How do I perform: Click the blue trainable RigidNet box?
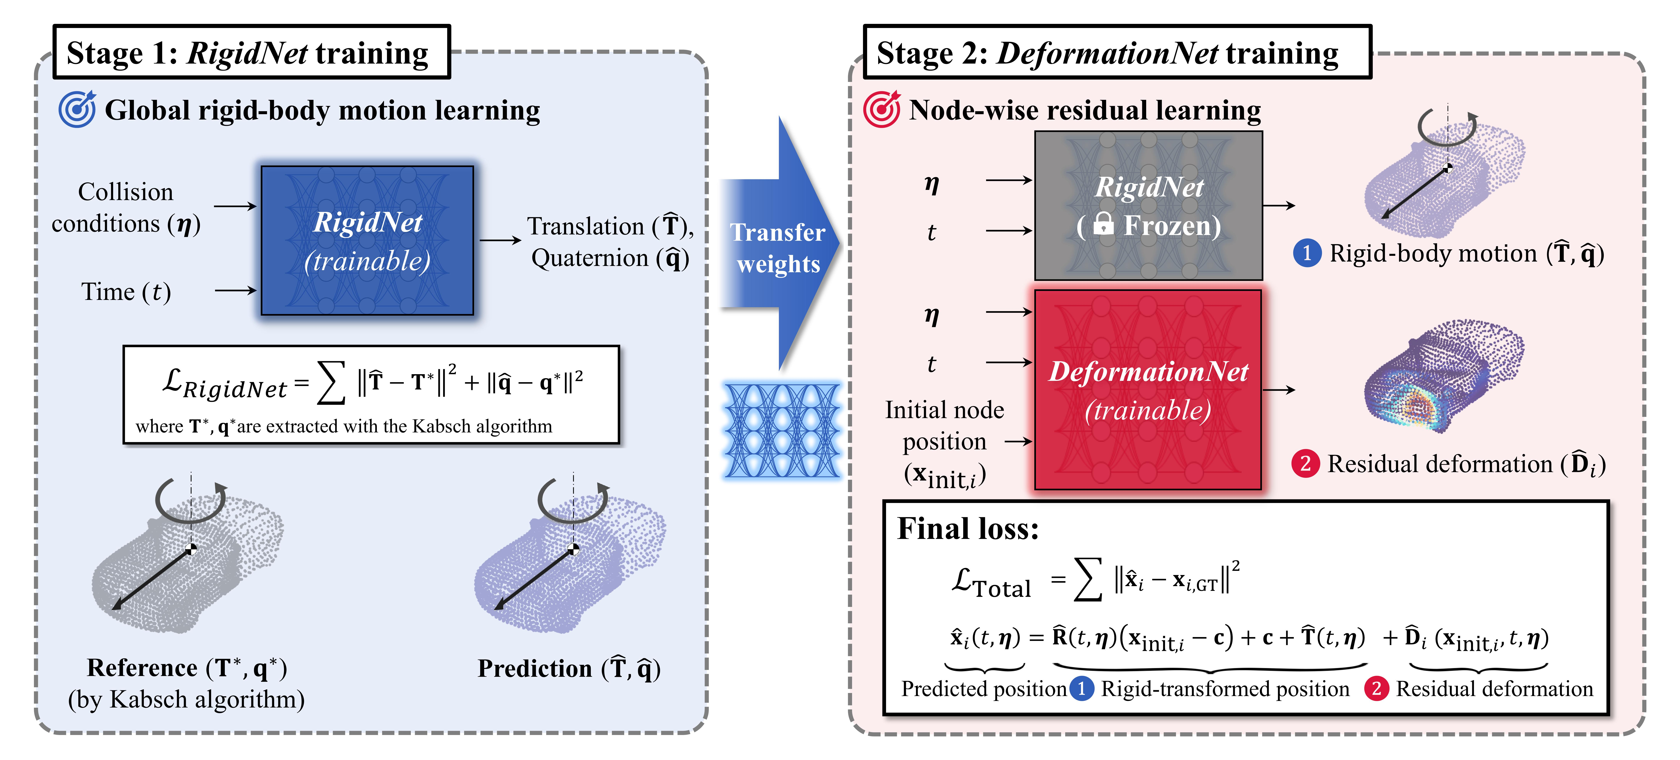tap(367, 241)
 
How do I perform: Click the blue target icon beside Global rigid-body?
tap(77, 110)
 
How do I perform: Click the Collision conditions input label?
tap(126, 207)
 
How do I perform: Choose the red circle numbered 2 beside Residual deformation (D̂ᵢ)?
tap(1306, 464)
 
